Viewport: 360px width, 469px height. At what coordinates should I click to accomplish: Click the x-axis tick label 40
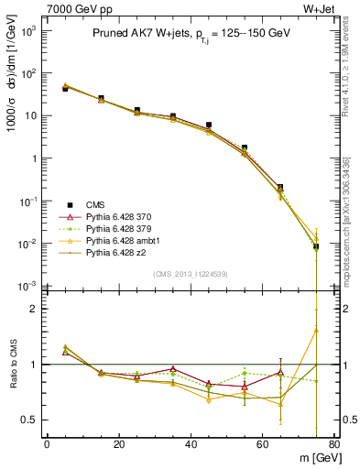click(x=191, y=445)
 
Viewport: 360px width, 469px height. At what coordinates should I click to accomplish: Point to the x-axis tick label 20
click(x=118, y=445)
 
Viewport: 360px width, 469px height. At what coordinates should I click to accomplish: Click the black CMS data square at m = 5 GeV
click(x=65, y=89)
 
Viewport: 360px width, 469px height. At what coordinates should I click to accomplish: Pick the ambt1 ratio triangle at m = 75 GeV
click(x=316, y=330)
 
